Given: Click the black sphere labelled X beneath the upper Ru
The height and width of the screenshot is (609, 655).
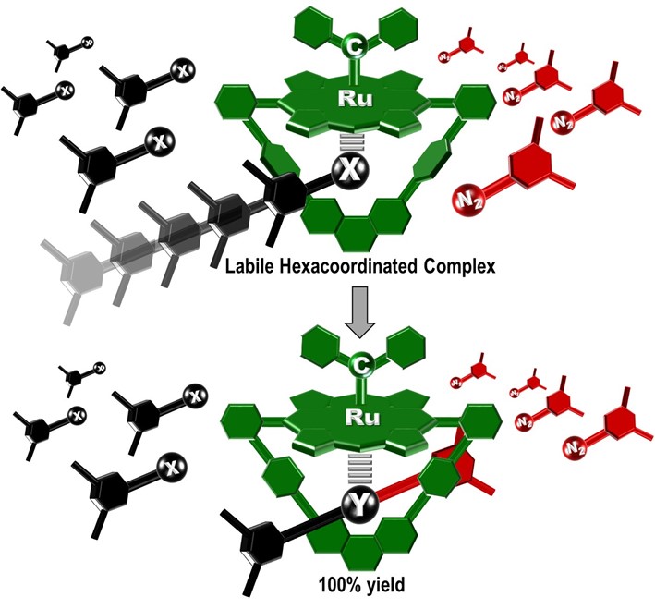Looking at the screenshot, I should pos(350,170).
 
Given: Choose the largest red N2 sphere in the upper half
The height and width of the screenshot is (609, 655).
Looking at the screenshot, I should pos(466,198).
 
